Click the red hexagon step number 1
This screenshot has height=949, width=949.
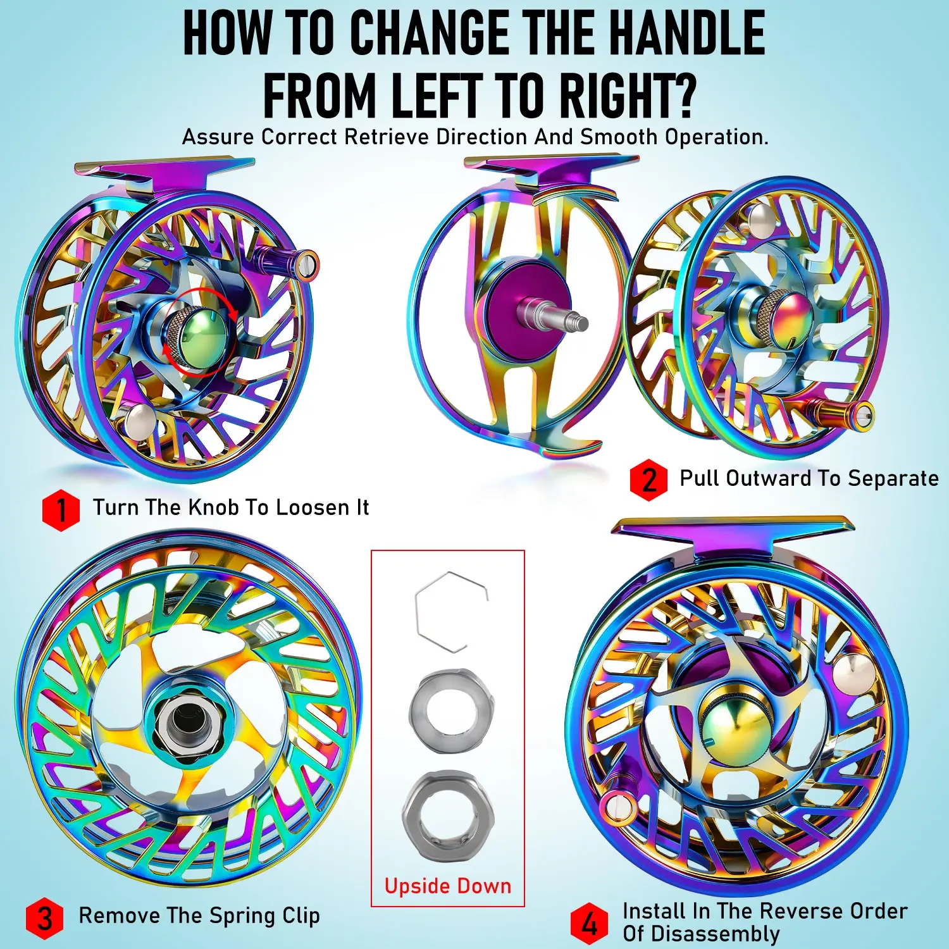pyautogui.click(x=61, y=510)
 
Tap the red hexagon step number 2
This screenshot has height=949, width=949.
pyautogui.click(x=648, y=480)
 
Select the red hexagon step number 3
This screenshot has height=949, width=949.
pyautogui.click(x=44, y=918)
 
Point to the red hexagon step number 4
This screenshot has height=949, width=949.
pyautogui.click(x=589, y=924)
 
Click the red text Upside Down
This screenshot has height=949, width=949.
pyautogui.click(x=447, y=886)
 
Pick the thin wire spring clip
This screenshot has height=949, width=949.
pyautogui.click(x=449, y=611)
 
